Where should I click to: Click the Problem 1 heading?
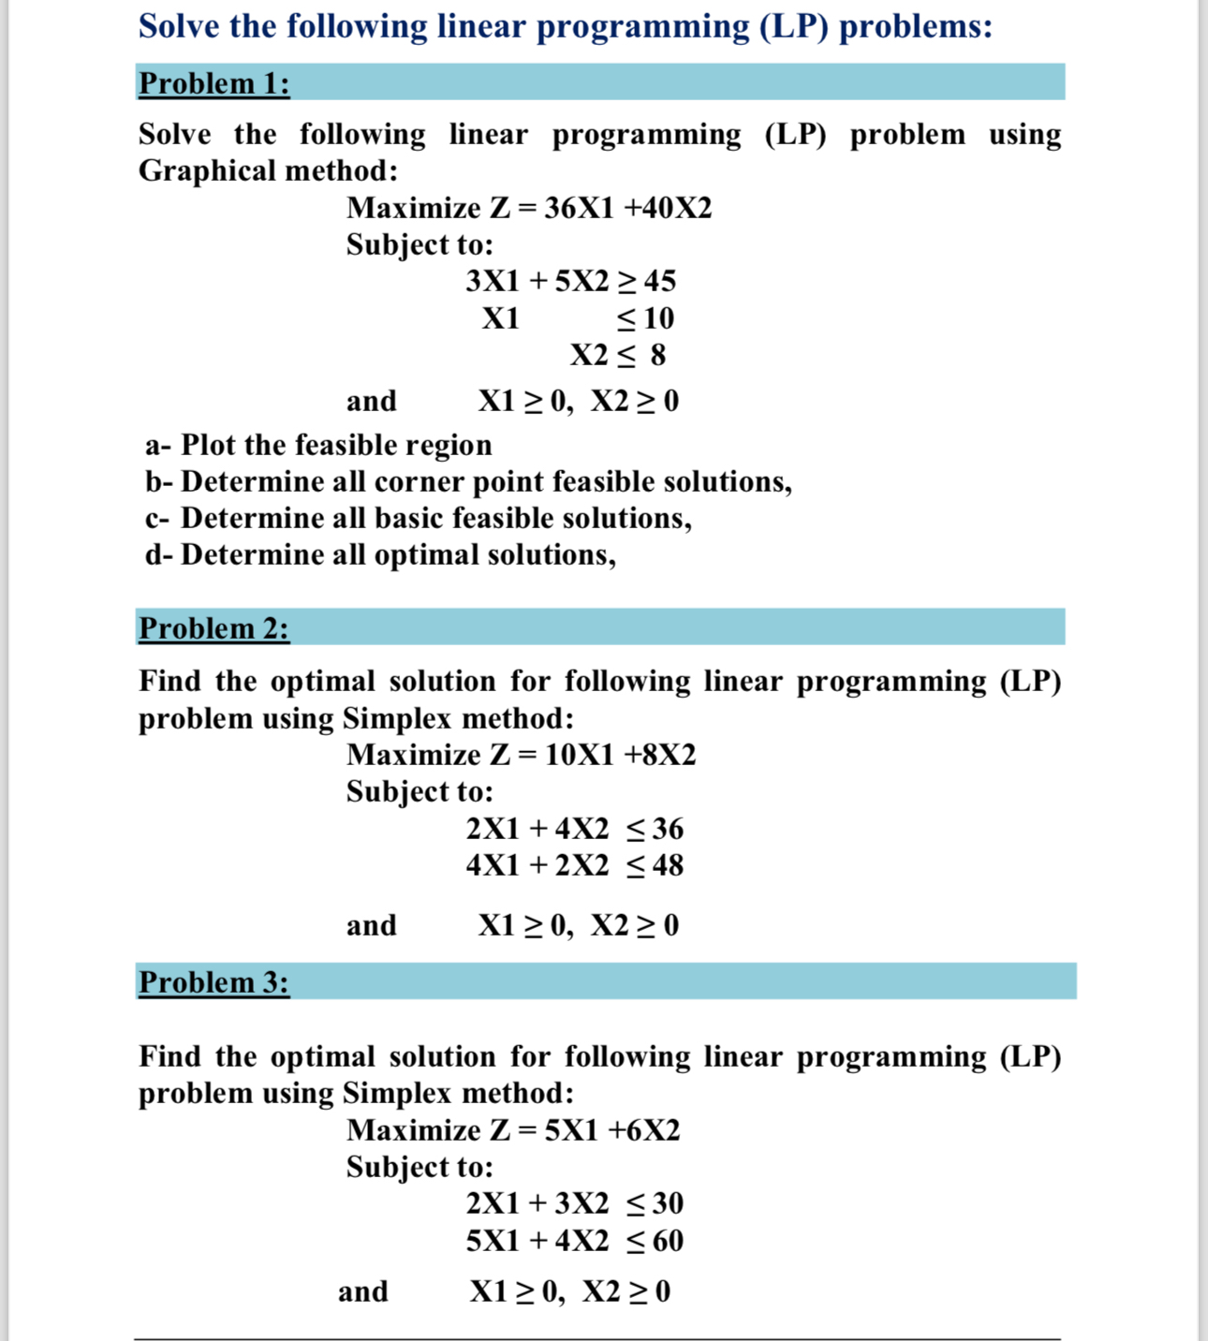point(214,83)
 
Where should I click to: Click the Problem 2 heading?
point(214,628)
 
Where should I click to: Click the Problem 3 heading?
point(214,982)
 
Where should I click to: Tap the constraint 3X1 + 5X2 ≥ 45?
point(570,281)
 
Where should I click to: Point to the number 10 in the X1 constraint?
point(658,318)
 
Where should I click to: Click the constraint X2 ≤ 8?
point(618,355)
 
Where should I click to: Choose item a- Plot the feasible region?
point(318,445)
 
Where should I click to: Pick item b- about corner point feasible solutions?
point(468,481)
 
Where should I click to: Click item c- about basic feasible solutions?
point(419,518)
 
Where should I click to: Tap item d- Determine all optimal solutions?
point(380,554)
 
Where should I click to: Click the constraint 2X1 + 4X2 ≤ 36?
point(574,829)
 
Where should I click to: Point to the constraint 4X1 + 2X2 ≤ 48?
point(574,865)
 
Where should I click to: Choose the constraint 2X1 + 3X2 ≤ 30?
point(574,1203)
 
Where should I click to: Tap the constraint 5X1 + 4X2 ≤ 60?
point(574,1241)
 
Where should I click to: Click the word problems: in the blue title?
point(915,26)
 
